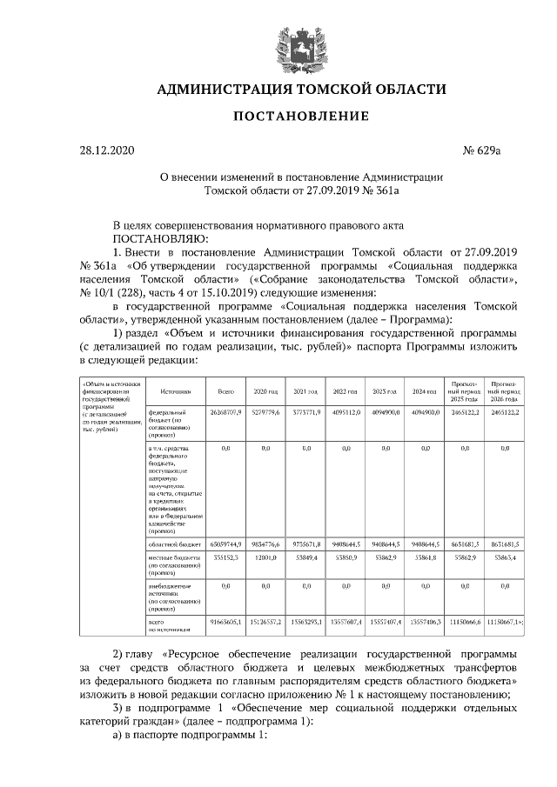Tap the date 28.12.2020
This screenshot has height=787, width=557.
coord(108,151)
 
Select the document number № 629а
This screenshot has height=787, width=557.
coord(482,151)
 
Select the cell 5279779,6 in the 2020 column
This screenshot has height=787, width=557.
coord(265,411)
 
